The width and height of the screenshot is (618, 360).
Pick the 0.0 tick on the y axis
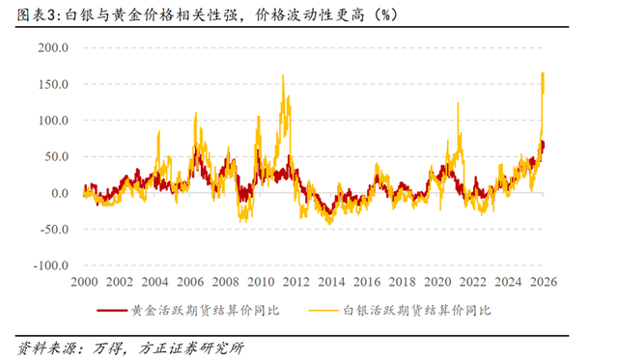(x=58, y=193)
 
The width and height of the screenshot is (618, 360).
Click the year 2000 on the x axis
(x=84, y=282)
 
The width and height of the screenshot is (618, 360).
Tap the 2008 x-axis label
(x=225, y=282)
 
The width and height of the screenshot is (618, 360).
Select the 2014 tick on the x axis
(x=331, y=282)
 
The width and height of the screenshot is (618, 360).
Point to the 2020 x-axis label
(x=437, y=282)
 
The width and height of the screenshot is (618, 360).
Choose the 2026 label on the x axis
(x=544, y=282)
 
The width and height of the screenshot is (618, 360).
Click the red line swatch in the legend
(x=112, y=311)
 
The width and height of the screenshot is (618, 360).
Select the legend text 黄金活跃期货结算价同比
(x=205, y=311)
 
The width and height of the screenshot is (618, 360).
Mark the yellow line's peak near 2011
(x=283, y=75)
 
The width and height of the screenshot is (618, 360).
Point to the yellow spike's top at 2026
(x=543, y=72)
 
